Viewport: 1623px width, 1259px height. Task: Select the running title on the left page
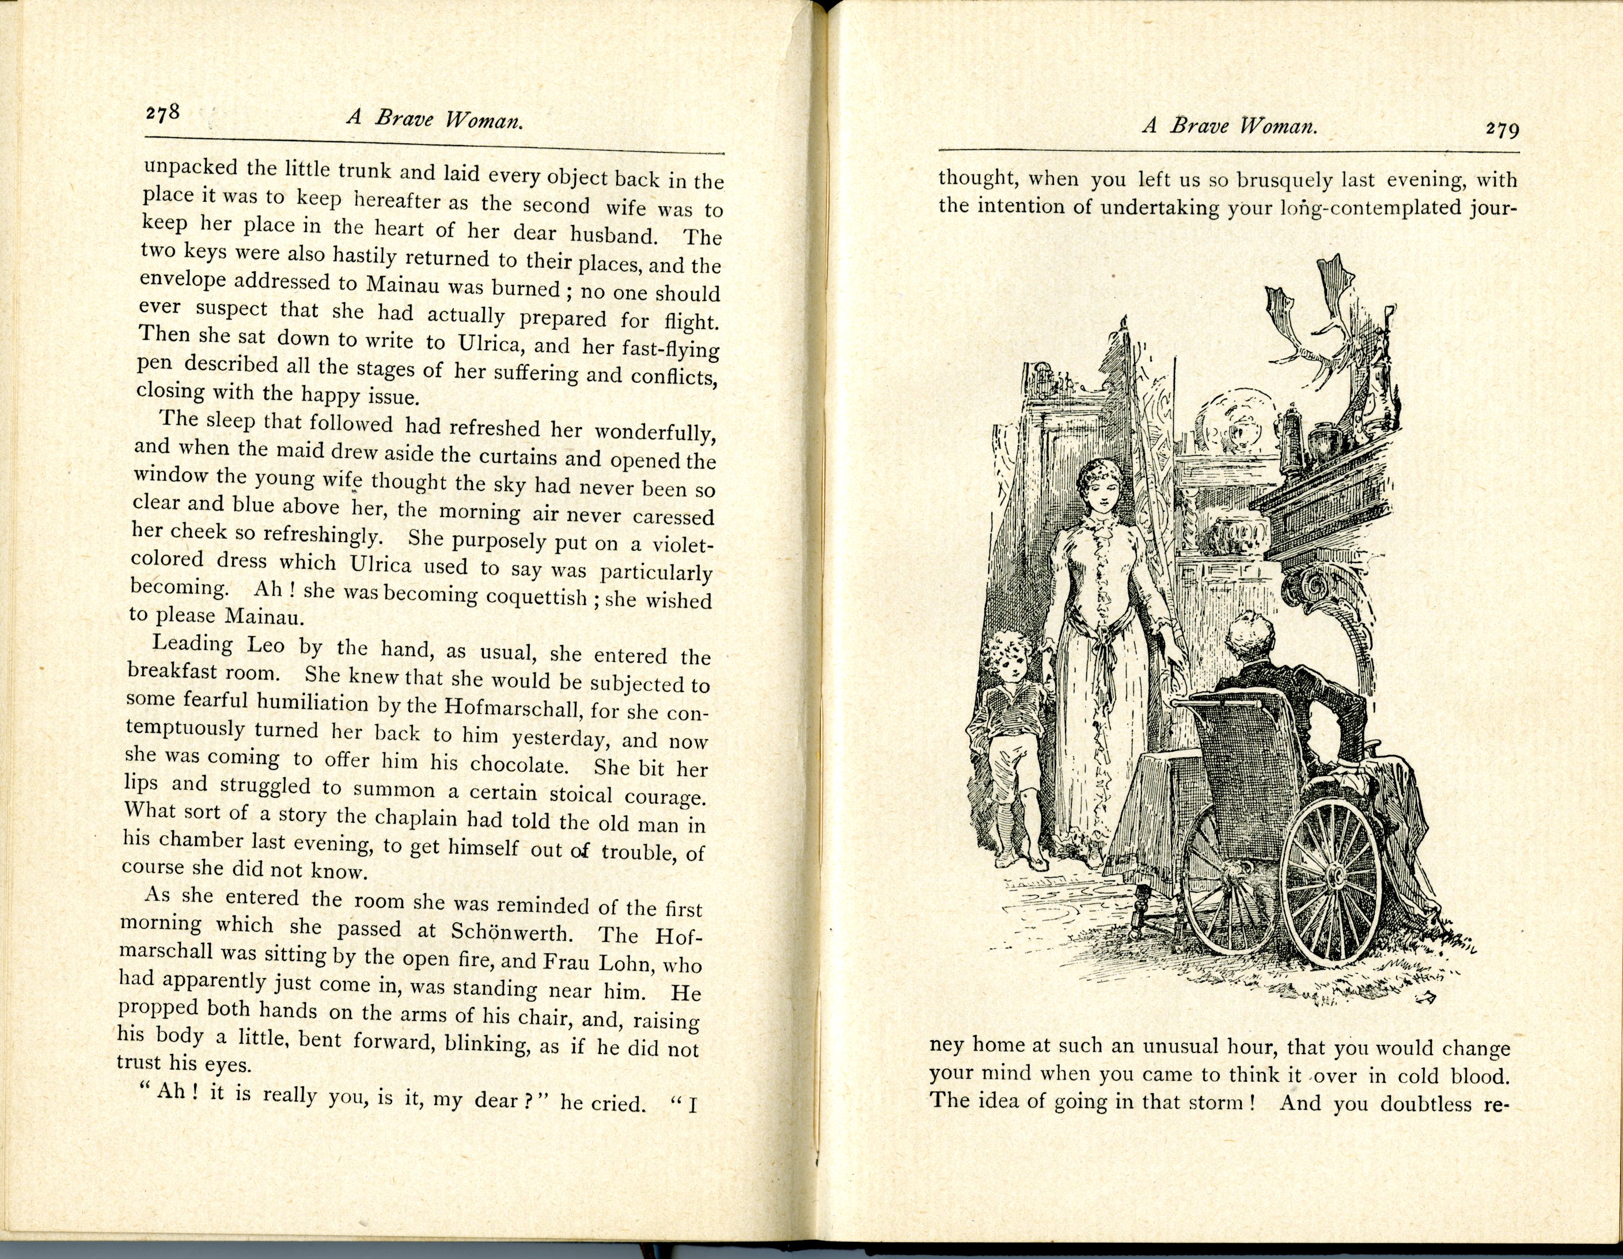pyautogui.click(x=435, y=119)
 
